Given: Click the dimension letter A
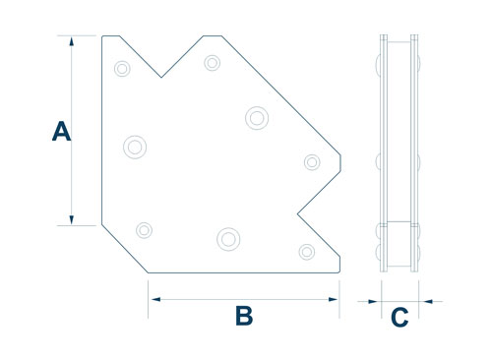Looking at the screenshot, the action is (61, 131).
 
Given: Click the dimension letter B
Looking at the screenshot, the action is (244, 316).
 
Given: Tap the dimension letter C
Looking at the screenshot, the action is (400, 317).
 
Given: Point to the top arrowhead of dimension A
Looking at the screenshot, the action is (72, 41).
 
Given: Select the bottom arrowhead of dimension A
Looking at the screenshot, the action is (72, 219).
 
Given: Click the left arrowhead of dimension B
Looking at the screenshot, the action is (155, 299).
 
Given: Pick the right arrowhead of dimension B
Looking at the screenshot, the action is (333, 299).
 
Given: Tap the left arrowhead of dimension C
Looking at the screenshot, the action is (373, 301).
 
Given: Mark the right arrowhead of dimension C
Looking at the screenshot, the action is (427, 301).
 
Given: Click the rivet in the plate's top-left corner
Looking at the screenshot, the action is (122, 69).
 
